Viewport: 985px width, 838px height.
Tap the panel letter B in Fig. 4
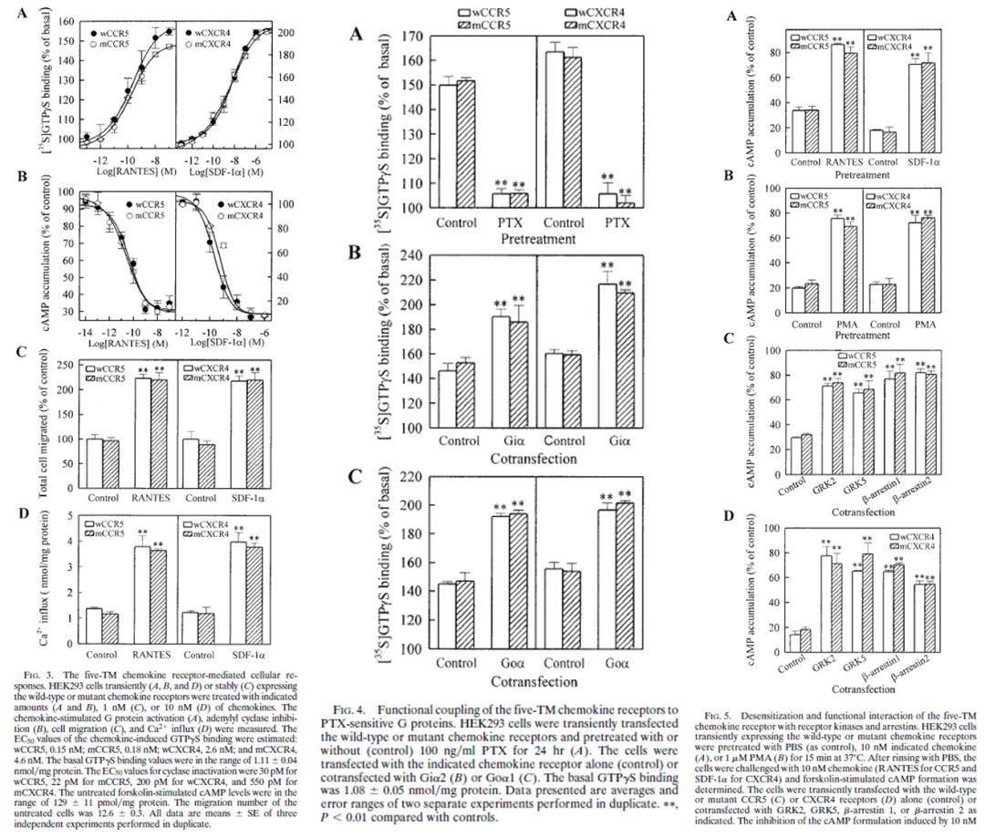[x=358, y=253]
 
